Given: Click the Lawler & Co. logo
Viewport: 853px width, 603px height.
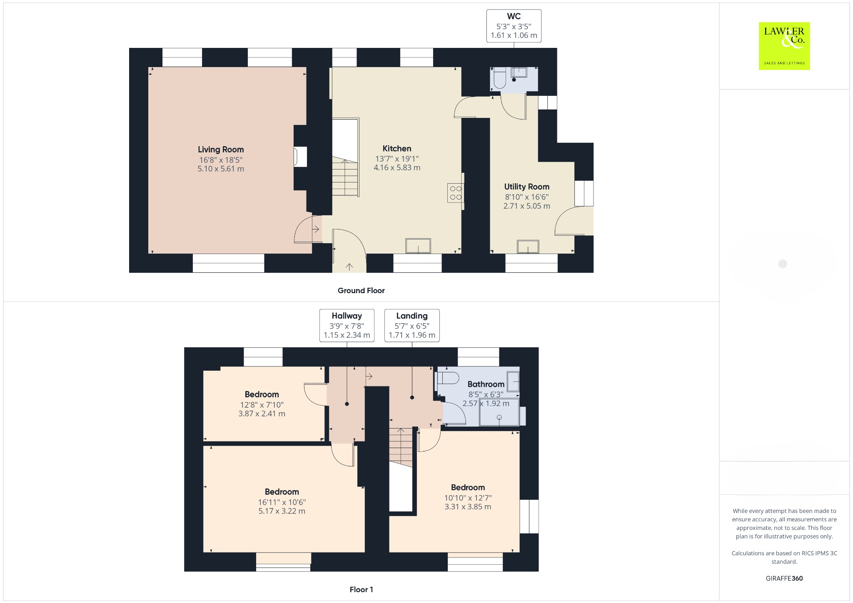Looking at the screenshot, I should (784, 46).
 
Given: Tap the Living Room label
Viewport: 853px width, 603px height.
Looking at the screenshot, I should (221, 150).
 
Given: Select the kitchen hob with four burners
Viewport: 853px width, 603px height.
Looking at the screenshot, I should (456, 193).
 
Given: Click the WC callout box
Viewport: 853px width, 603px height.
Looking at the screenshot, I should (514, 26).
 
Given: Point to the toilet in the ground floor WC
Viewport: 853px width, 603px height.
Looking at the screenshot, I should (499, 79).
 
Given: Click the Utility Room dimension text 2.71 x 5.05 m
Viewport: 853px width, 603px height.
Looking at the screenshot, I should (526, 206).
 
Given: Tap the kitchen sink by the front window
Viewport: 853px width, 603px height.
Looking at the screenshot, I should (418, 246).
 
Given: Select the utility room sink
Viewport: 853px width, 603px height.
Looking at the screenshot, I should (528, 247).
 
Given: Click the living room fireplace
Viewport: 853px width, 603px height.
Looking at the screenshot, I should (300, 157).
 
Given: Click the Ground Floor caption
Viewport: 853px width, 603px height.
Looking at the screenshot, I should (361, 291).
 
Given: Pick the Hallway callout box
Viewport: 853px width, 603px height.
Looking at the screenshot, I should (347, 325).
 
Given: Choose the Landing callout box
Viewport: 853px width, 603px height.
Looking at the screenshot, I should (412, 325).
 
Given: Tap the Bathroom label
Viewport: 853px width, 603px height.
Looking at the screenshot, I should (486, 384).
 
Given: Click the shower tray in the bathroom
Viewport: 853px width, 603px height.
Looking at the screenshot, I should (499, 412).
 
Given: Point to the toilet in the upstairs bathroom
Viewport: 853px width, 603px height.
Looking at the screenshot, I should (447, 379).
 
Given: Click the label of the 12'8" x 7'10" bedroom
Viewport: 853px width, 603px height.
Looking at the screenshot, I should (262, 394).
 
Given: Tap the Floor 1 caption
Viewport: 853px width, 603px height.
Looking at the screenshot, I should (361, 589).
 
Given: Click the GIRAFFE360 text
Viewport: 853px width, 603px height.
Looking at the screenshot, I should (784, 578).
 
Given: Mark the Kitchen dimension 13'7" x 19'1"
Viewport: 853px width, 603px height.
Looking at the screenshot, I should (397, 159).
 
